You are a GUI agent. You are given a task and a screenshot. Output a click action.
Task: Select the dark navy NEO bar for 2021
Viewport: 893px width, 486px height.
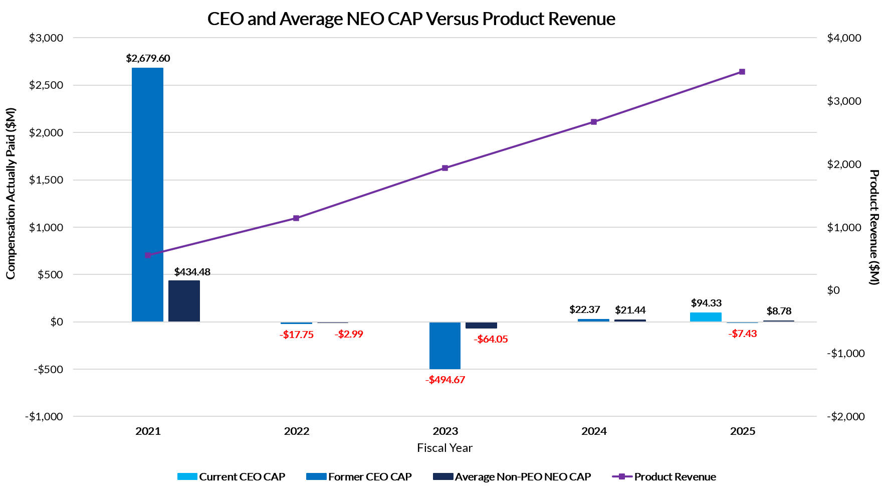click(184, 301)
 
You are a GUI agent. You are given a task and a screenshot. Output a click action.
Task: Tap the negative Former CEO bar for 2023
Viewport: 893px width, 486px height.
click(444, 346)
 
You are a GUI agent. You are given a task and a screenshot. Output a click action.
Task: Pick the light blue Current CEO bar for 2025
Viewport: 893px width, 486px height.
click(706, 317)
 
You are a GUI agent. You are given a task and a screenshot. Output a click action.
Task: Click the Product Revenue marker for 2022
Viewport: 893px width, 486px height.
click(296, 218)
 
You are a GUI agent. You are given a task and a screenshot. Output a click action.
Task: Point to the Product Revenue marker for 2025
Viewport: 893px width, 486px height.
click(742, 72)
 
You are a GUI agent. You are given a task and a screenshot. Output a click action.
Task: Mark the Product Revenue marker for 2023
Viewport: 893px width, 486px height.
click(445, 168)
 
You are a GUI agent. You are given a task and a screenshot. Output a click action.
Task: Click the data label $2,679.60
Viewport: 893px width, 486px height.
click(148, 58)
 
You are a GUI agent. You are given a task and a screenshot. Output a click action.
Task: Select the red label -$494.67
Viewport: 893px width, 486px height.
click(445, 380)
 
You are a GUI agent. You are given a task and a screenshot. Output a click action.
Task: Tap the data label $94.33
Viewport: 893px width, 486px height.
click(706, 303)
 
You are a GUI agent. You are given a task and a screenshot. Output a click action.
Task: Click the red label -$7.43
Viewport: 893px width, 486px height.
click(742, 334)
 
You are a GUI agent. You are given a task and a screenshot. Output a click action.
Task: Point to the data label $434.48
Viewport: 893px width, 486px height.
click(192, 272)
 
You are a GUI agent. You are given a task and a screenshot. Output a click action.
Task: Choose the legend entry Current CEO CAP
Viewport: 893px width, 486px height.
click(231, 476)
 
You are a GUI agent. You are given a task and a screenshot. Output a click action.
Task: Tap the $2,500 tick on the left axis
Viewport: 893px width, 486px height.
click(46, 85)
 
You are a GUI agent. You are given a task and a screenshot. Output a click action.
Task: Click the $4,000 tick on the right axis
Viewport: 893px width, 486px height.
click(844, 38)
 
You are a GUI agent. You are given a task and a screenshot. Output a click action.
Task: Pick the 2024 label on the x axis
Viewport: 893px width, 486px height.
click(594, 431)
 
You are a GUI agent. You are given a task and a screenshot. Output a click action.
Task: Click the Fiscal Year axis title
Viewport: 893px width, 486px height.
click(444, 448)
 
